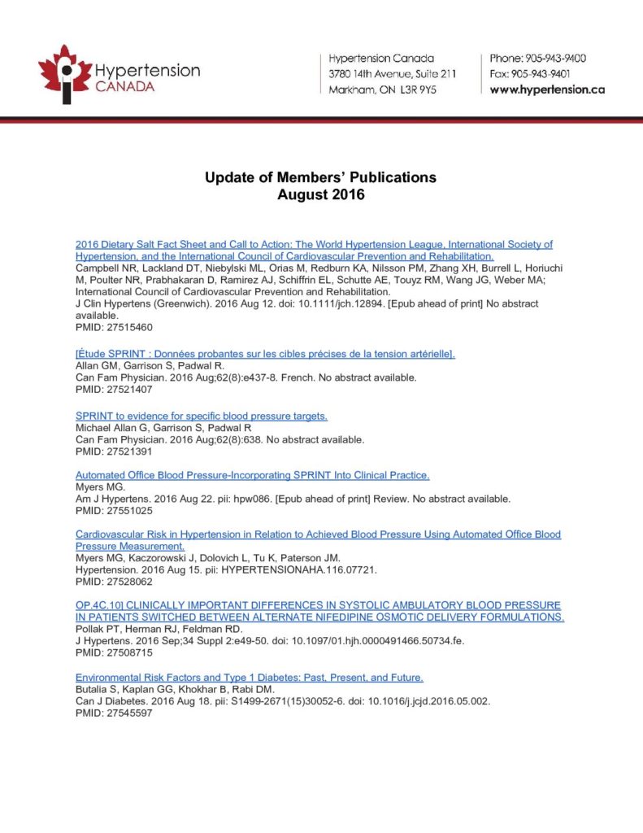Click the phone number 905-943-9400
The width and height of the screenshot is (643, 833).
point(558,59)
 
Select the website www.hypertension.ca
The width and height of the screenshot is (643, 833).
point(547,89)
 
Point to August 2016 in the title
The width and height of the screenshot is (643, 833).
point(321,195)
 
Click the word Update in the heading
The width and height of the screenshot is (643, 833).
point(227,177)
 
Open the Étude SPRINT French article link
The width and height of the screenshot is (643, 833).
point(265,355)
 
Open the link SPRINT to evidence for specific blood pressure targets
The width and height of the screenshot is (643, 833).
point(202,416)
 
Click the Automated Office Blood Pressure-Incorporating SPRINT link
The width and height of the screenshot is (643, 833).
point(252,475)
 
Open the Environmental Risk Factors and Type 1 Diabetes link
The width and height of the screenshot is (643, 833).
point(250,678)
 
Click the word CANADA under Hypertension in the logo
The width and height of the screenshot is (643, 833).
point(124,86)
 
